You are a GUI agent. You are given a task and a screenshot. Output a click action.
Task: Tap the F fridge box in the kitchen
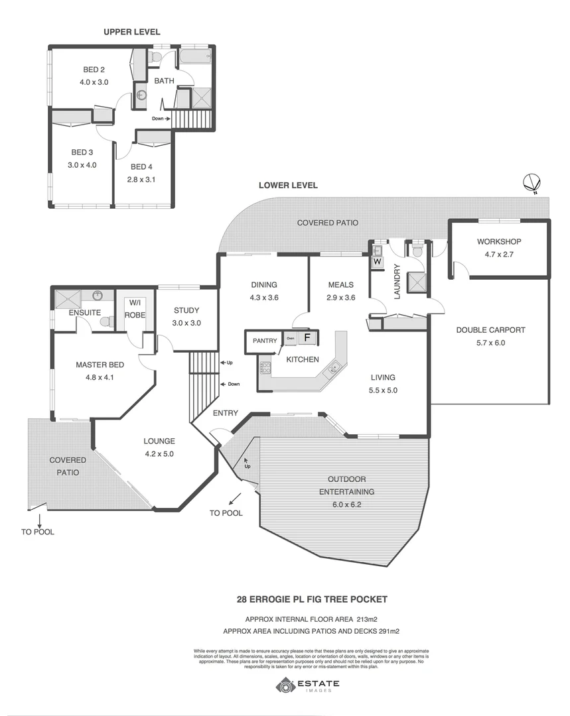click(307, 338)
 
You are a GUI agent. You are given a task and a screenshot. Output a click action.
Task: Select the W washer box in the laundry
click(377, 261)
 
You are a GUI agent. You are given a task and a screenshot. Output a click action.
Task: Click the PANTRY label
click(264, 341)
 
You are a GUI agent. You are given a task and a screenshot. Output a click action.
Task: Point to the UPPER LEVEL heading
click(131, 32)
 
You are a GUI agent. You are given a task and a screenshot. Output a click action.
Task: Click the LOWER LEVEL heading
click(288, 186)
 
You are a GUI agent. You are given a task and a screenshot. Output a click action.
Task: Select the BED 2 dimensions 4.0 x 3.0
click(94, 82)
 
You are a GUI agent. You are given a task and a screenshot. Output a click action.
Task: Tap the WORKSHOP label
click(498, 241)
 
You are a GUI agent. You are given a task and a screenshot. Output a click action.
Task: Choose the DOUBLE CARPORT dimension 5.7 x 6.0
click(490, 343)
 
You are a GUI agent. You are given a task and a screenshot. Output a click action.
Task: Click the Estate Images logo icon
click(286, 686)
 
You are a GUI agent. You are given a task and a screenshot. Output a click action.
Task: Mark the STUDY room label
click(186, 310)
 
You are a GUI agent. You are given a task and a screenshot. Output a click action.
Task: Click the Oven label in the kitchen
click(289, 338)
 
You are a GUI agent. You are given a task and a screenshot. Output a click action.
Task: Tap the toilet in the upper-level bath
click(155, 56)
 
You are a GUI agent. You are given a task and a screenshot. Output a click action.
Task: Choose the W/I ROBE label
click(135, 309)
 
